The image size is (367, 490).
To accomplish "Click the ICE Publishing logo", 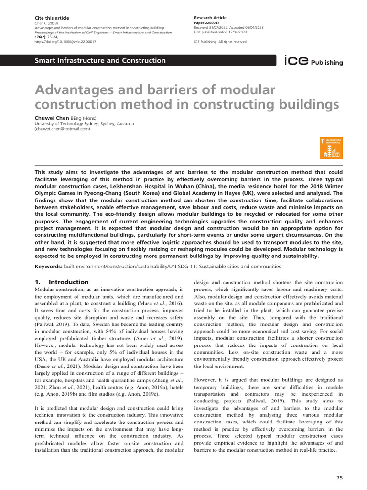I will (313, 61).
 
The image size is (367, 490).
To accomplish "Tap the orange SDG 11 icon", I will (331, 148).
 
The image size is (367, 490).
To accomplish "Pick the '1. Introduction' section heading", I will (62, 282).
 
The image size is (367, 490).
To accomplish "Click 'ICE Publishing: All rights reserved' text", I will (220, 42).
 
